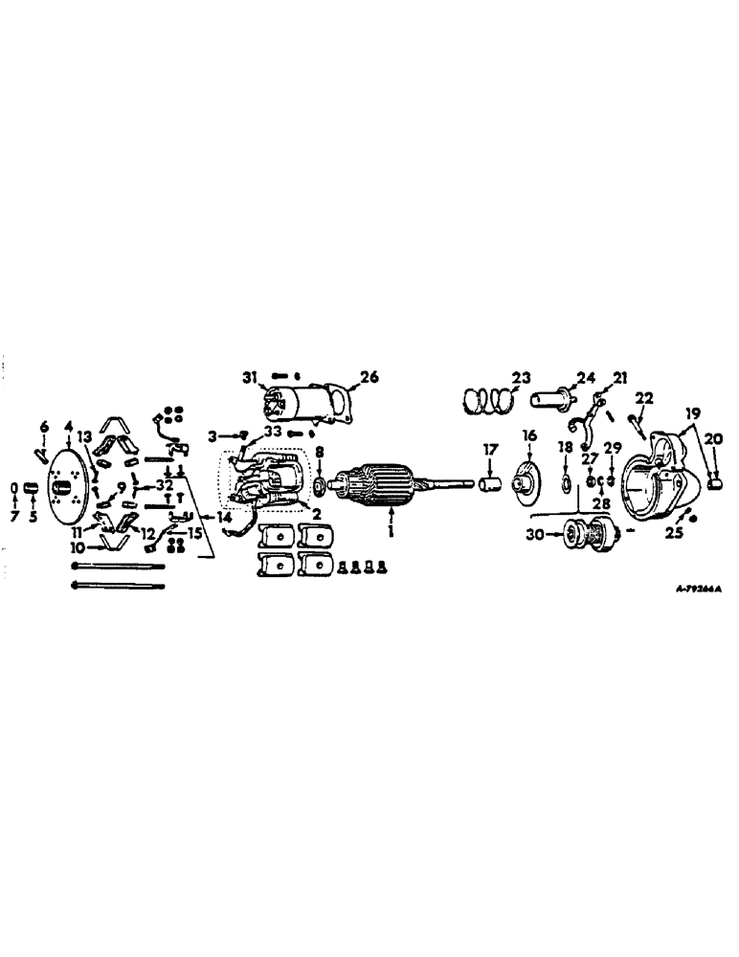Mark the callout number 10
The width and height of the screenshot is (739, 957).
point(76,548)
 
